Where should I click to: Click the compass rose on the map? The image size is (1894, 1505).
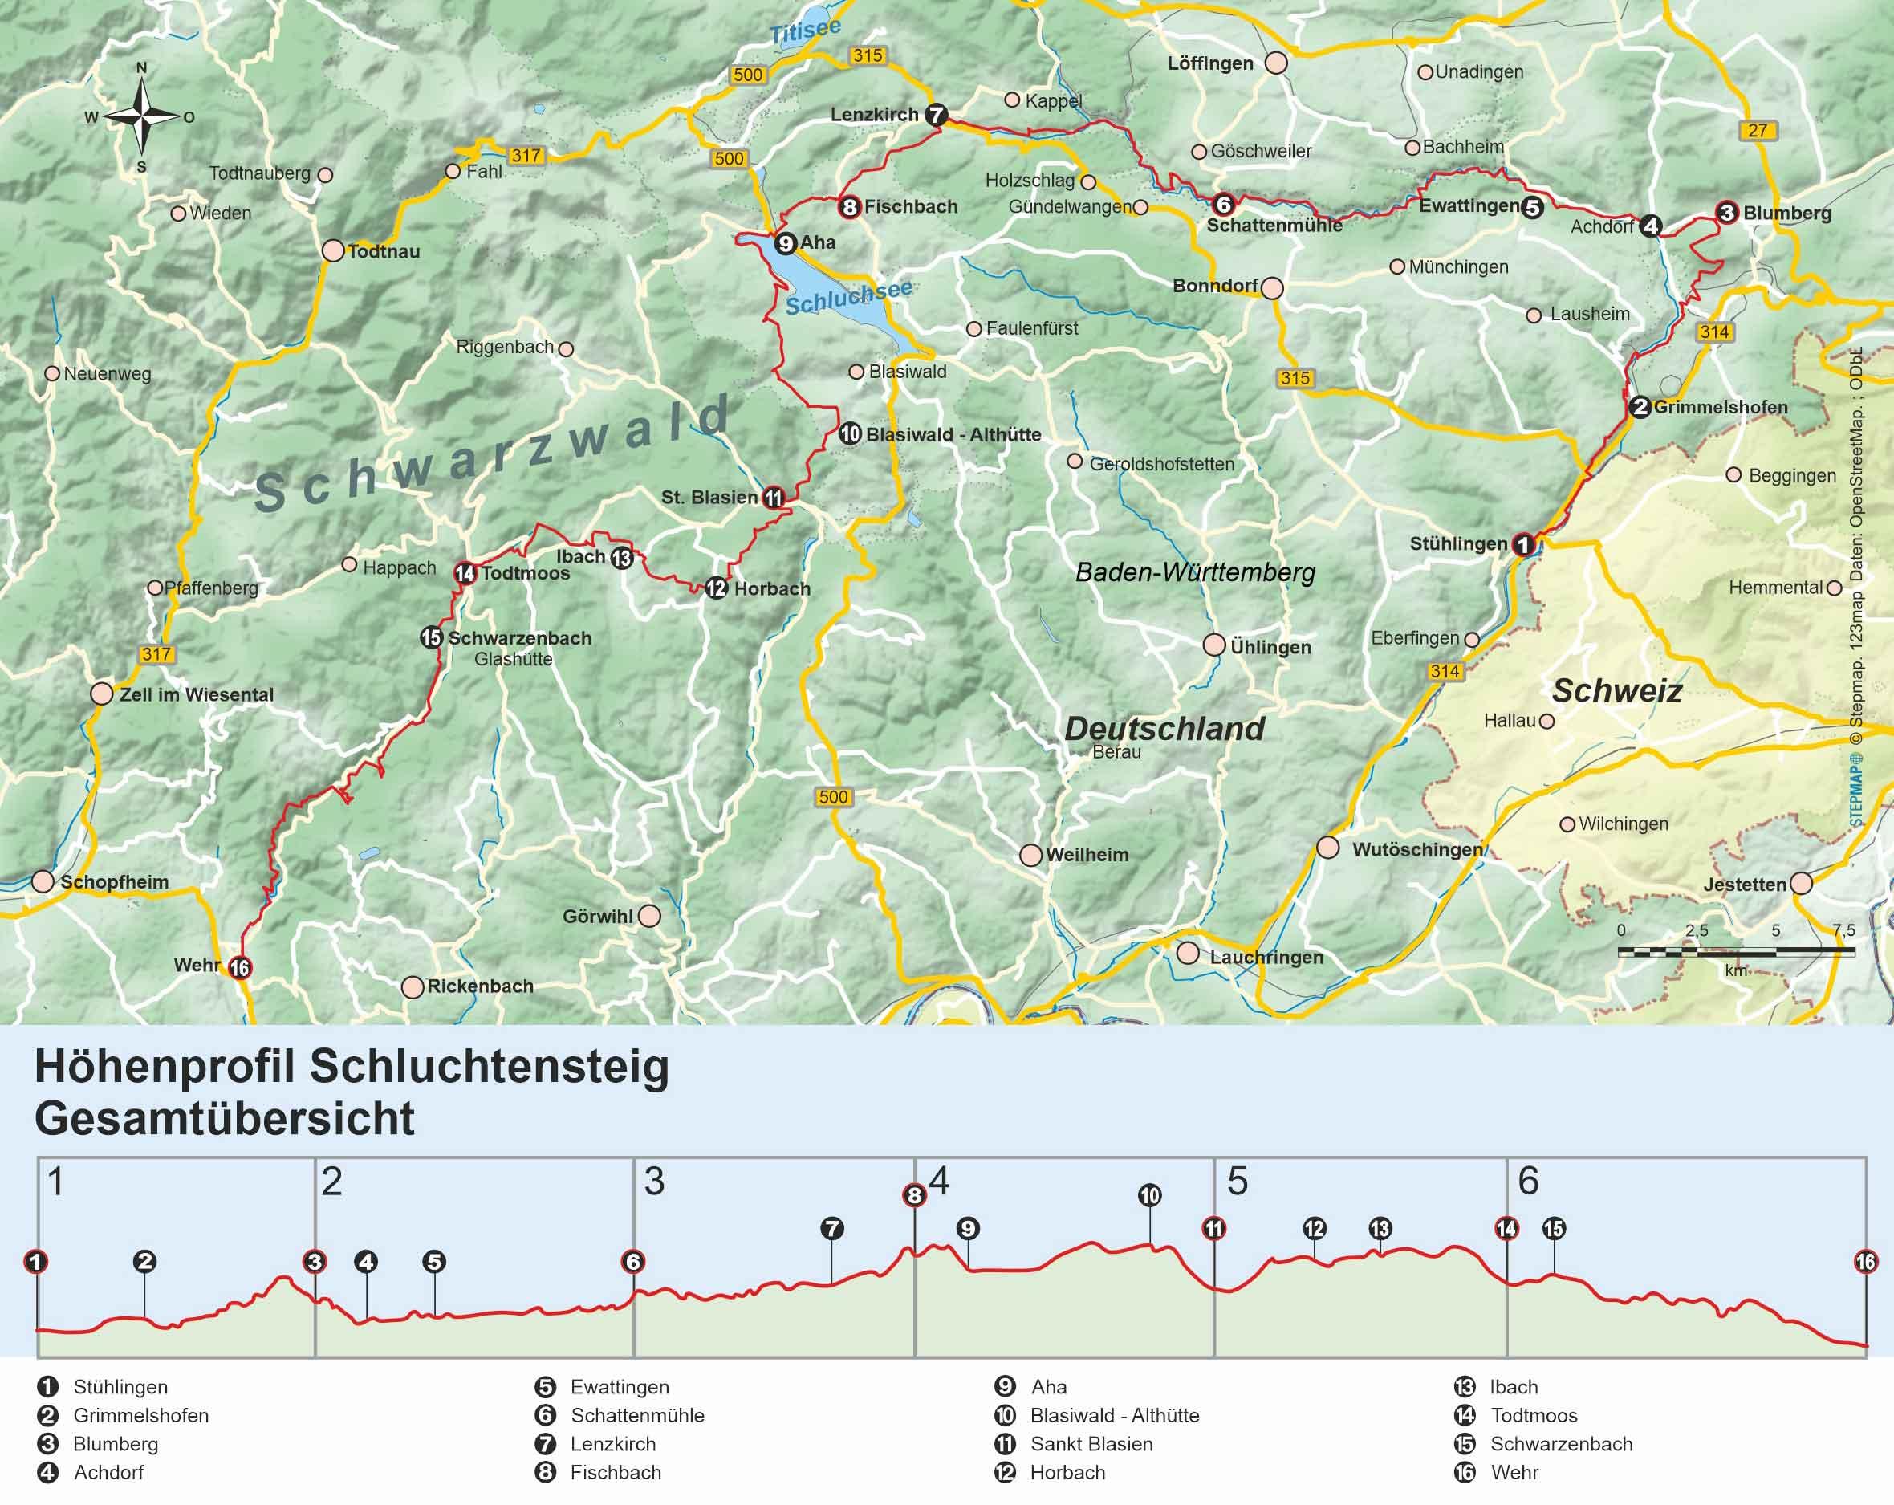tap(141, 115)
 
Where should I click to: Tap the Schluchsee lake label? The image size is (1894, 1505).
tap(847, 297)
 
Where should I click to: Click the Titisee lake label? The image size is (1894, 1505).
tap(805, 31)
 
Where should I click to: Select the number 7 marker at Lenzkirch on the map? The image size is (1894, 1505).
tap(936, 114)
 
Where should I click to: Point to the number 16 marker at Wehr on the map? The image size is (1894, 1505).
tap(239, 967)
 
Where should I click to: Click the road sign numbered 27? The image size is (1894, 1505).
tap(1756, 130)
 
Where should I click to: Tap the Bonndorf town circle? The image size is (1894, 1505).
tap(1271, 287)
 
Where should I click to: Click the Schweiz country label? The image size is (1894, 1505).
tap(1616, 690)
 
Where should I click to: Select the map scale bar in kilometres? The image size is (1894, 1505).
tap(1736, 951)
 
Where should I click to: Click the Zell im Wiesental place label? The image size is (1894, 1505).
tap(196, 694)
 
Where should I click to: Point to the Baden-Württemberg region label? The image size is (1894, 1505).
tap(1195, 573)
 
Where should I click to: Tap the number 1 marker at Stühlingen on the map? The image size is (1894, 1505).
tap(1523, 544)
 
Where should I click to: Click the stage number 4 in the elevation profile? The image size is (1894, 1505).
tap(939, 1182)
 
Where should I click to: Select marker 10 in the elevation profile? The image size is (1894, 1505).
tap(1149, 1195)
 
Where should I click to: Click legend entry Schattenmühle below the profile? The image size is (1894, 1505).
tap(637, 1415)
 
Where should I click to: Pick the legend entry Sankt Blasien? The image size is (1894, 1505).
tap(1091, 1443)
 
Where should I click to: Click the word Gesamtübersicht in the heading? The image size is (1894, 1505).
tap(225, 1118)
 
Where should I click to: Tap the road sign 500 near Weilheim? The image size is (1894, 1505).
tap(833, 797)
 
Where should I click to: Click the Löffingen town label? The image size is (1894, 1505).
tap(1209, 63)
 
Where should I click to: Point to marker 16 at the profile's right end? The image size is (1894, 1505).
tap(1865, 1263)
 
